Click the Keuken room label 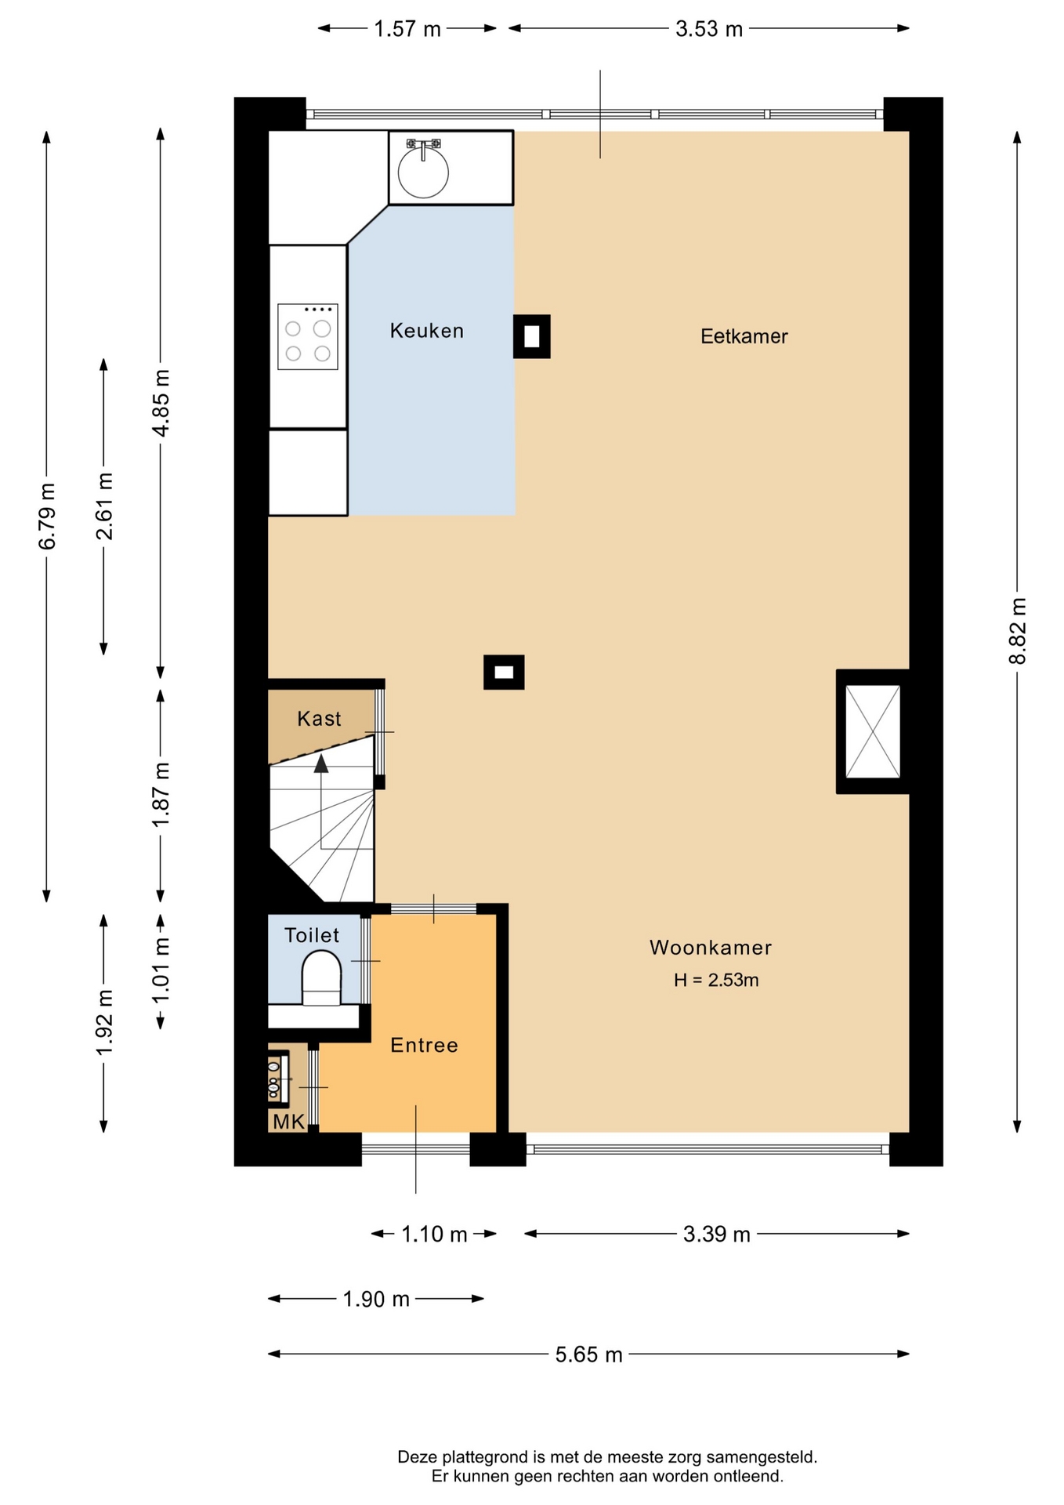[x=427, y=331]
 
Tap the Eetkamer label [x=744, y=336]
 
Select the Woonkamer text [x=711, y=948]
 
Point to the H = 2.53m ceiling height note [x=716, y=980]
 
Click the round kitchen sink [x=423, y=172]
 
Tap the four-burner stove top [x=308, y=337]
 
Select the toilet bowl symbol [x=321, y=978]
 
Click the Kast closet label [x=319, y=719]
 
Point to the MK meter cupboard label [x=288, y=1122]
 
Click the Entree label [x=424, y=1045]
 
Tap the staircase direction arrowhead [x=321, y=763]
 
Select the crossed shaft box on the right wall [x=873, y=731]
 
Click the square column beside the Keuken [x=532, y=336]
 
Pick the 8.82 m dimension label [x=1017, y=631]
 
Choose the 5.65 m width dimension [x=589, y=1354]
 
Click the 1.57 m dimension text [x=407, y=29]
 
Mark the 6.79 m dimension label [x=47, y=516]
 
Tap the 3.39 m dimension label [x=717, y=1235]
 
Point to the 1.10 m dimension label [x=434, y=1235]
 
